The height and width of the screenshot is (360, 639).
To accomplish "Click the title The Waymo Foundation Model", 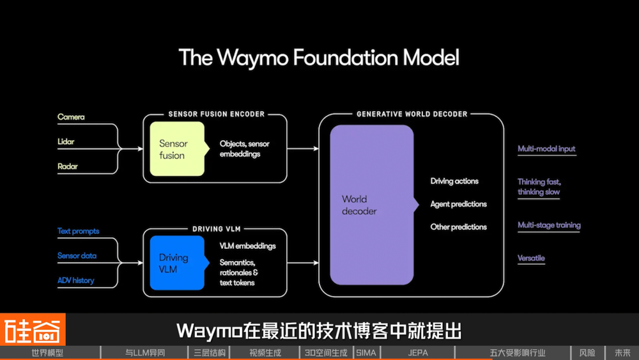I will click(x=319, y=58).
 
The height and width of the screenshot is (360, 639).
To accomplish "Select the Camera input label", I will click(x=71, y=117).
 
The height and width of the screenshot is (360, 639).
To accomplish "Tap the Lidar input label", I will click(x=67, y=141).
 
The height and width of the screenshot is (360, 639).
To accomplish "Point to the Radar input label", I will click(x=68, y=166).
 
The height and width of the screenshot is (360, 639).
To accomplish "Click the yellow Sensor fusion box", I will click(x=176, y=150).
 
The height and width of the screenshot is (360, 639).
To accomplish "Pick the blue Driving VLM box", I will click(x=176, y=263).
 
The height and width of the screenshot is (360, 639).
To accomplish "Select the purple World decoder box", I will click(x=371, y=205).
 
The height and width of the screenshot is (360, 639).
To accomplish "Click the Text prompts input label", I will click(x=78, y=231).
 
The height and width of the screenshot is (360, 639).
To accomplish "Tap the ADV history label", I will click(x=75, y=280).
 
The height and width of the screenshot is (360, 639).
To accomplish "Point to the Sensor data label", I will click(x=77, y=256).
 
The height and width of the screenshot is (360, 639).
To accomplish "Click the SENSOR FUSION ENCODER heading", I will click(x=216, y=114).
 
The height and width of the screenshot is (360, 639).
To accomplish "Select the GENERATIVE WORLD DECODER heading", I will click(x=412, y=114).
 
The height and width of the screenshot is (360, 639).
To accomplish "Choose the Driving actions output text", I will click(x=454, y=181).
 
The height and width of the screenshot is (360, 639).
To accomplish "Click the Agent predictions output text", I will click(x=458, y=204).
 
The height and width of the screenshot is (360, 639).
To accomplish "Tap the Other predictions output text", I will click(x=458, y=227).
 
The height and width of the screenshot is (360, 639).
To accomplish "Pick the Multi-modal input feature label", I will click(x=546, y=149).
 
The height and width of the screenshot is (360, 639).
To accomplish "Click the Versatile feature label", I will click(x=531, y=258).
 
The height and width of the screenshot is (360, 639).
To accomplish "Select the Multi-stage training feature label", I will click(x=549, y=225).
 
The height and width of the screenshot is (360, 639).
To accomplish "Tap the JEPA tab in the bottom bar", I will click(x=418, y=353).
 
